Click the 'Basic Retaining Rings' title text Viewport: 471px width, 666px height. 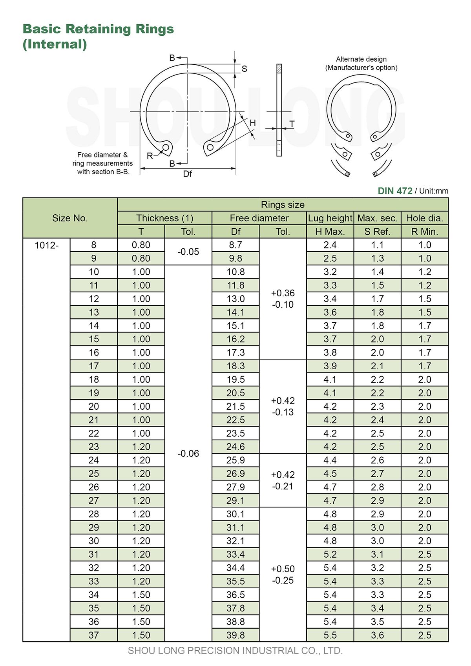tap(98, 29)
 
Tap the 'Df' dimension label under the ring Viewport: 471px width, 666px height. tap(188, 174)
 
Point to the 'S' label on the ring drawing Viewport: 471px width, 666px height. tap(244, 69)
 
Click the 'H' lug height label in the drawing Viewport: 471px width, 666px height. tap(252, 123)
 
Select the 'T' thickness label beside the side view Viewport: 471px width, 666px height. tap(292, 124)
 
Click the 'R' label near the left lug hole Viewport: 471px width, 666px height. tap(150, 156)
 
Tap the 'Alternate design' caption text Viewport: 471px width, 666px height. tap(361, 59)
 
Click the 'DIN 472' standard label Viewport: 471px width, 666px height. tap(395, 191)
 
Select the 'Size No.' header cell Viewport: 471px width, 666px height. tap(70, 218)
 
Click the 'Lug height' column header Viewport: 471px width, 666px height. tap(330, 218)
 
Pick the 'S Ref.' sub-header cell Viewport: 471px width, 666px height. tap(377, 232)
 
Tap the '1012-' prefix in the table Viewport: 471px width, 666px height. tap(46, 245)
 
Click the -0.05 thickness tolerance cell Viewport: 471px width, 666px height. tap(188, 252)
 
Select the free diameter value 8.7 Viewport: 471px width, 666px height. tap(235, 245)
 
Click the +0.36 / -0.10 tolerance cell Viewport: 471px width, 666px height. tap(283, 299)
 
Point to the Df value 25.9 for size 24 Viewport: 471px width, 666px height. tap(235, 460)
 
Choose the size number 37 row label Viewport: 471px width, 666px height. tap(94, 635)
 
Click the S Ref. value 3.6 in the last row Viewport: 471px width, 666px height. tap(377, 635)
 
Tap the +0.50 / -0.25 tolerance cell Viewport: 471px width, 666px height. tap(283, 575)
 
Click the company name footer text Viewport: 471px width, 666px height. tap(235, 651)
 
